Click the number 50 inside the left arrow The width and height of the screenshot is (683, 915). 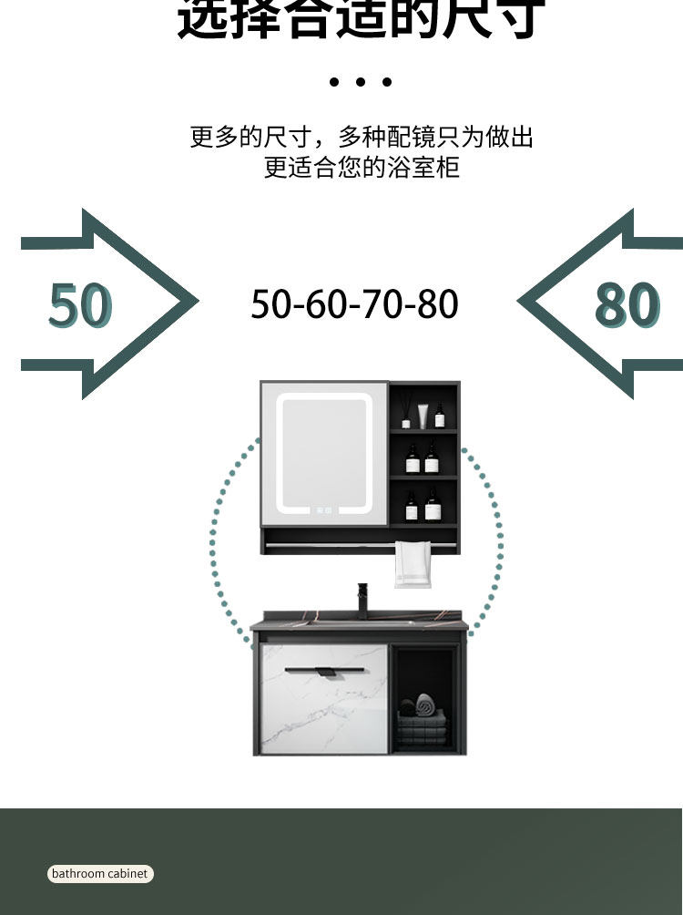(x=80, y=305)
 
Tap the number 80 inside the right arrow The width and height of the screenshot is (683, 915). (x=627, y=305)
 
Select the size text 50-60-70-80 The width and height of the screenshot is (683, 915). (x=354, y=303)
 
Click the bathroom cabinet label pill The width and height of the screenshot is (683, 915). (x=100, y=873)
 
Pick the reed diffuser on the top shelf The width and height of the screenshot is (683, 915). (x=406, y=416)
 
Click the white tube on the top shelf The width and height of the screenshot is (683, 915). (x=423, y=416)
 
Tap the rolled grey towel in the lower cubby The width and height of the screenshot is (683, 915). (x=424, y=703)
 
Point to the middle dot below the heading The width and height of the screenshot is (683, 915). (x=361, y=82)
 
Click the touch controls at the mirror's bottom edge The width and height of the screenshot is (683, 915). (x=324, y=510)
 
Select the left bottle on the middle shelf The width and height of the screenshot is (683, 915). (x=413, y=460)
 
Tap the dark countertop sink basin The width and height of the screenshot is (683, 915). (x=361, y=620)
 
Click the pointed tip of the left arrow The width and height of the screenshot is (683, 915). (x=196, y=303)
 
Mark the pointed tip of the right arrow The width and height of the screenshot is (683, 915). (x=520, y=303)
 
